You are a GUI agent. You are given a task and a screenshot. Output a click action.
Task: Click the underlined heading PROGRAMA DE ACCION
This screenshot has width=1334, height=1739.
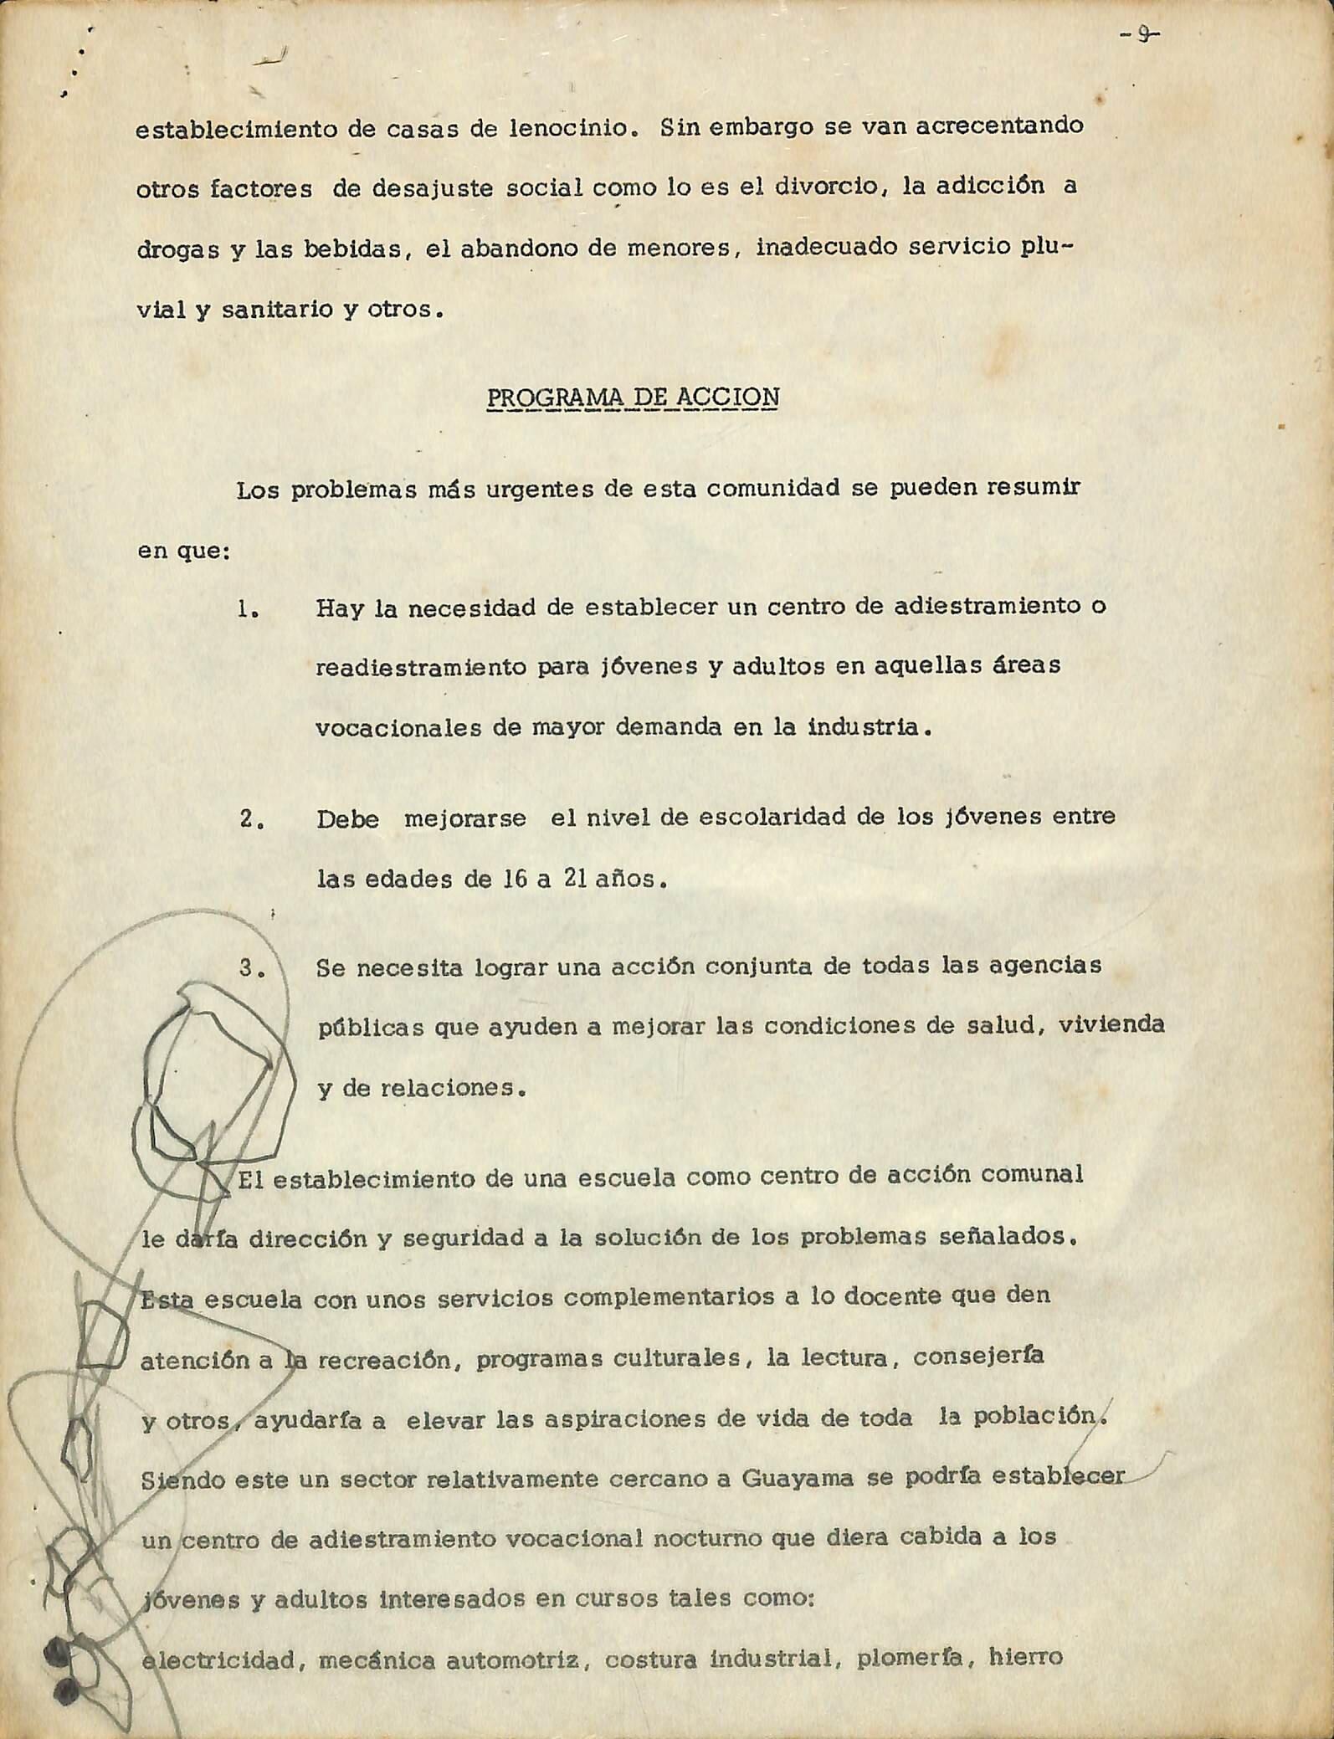(632, 396)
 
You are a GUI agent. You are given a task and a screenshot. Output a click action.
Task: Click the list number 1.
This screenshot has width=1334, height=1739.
(246, 610)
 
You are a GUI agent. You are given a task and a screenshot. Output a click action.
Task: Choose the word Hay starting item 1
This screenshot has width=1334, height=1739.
(340, 609)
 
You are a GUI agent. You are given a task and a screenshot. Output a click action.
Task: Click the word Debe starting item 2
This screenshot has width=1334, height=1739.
(346, 819)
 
